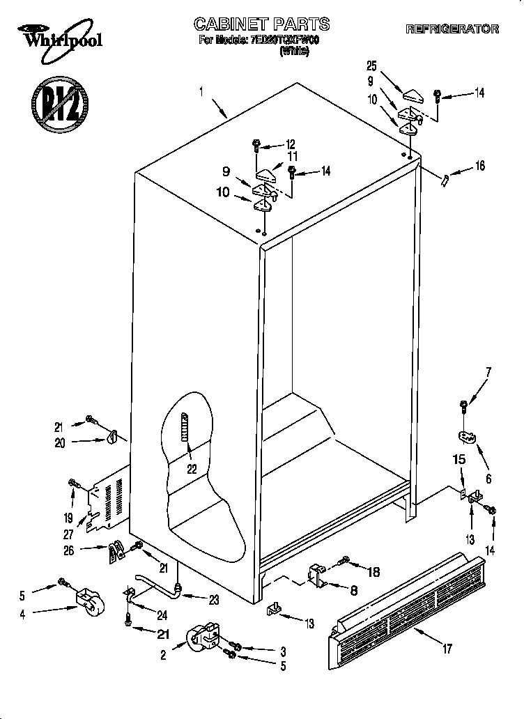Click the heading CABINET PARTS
coord(261,25)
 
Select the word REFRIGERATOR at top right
coord(452,29)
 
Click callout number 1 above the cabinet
coord(201,91)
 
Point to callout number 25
coord(371,66)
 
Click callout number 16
coord(479,166)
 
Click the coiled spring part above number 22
coord(185,436)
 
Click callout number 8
coord(353,591)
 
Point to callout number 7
coord(488,371)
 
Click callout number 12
coord(291,145)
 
